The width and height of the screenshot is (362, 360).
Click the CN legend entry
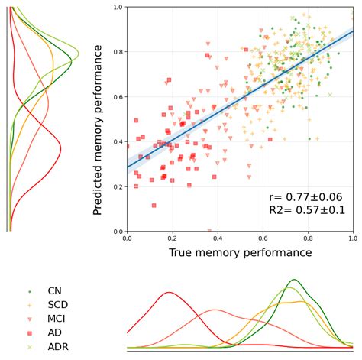(x=54, y=290)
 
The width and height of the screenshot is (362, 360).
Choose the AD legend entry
(x=54, y=332)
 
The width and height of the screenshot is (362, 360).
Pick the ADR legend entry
(x=57, y=346)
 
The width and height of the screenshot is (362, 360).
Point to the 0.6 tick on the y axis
(x=117, y=97)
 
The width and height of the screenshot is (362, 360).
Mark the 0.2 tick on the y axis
(x=117, y=186)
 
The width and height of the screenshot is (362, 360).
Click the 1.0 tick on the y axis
(x=117, y=8)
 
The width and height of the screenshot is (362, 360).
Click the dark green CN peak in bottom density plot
(x=293, y=280)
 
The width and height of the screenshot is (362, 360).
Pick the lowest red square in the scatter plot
(x=154, y=205)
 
